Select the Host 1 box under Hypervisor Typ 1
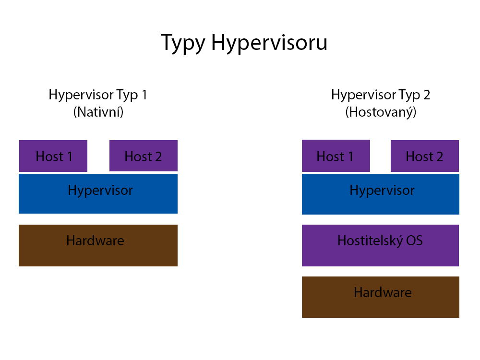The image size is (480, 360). [x=53, y=156]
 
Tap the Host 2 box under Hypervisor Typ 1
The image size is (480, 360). [x=144, y=156]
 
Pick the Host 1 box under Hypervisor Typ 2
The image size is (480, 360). [x=336, y=156]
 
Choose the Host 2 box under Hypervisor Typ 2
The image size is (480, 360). [x=425, y=156]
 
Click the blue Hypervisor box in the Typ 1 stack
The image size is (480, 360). [x=98, y=193]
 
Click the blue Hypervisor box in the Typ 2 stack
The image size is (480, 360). [x=381, y=194]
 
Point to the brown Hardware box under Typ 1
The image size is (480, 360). [x=98, y=245]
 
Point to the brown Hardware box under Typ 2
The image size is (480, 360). [x=381, y=297]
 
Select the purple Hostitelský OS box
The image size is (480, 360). [x=380, y=245]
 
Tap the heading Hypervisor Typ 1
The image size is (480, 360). [x=98, y=95]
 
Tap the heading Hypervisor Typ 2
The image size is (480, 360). [x=381, y=95]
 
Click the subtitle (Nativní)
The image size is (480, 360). [x=98, y=112]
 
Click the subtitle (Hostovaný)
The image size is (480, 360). [x=381, y=112]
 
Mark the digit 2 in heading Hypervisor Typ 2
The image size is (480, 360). [x=427, y=95]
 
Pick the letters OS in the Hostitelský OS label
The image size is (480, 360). [x=415, y=240]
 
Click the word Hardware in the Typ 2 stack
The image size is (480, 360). [x=383, y=292]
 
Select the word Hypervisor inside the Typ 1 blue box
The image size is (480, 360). [x=100, y=191]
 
